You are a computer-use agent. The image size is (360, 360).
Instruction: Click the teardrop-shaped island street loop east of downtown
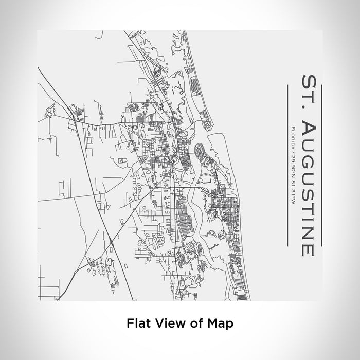point(201,154)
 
